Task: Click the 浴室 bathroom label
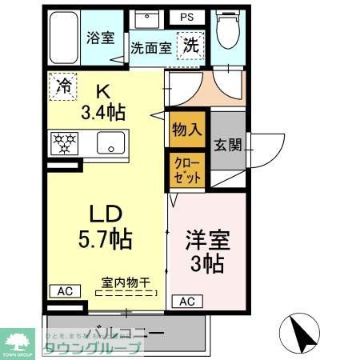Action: tap(102, 38)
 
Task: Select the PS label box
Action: tap(186, 16)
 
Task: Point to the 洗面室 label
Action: tap(151, 48)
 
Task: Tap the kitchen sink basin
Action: tap(108, 143)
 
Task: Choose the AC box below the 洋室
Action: tap(186, 302)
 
